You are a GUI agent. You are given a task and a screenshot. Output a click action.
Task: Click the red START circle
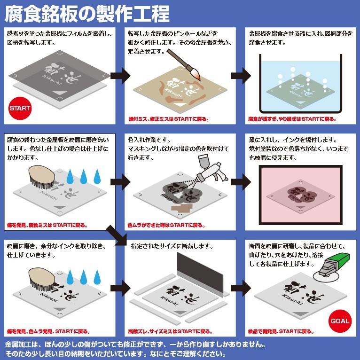click(20, 108)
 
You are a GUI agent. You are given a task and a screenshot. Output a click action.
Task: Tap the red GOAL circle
click(340, 321)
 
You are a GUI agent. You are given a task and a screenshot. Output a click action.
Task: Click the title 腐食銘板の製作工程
click(87, 14)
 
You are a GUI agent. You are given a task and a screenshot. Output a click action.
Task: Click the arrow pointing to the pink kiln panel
click(240, 180)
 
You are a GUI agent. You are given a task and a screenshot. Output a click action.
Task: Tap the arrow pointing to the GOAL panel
click(240, 287)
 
